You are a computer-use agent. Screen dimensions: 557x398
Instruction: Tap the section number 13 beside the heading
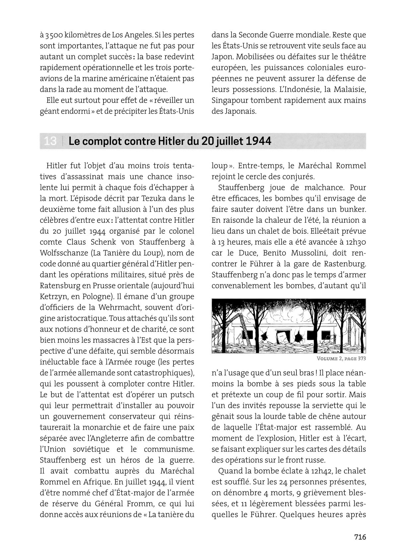point(50,141)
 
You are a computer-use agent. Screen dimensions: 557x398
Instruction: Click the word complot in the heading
point(101,141)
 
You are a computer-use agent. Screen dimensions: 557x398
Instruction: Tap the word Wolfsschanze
point(63,253)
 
